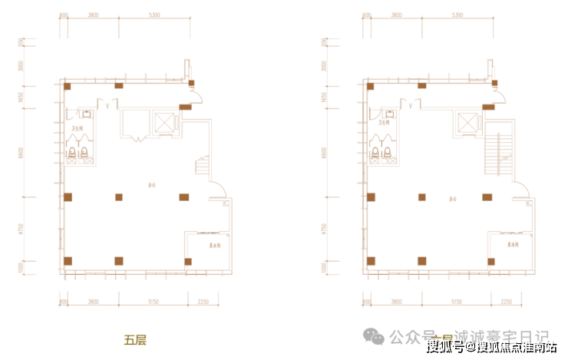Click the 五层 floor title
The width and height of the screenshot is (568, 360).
tap(135, 338)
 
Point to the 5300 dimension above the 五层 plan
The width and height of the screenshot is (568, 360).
tap(155, 15)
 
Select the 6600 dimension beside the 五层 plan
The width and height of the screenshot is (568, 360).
tap(23, 153)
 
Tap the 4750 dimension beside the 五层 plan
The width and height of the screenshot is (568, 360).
tap(23, 229)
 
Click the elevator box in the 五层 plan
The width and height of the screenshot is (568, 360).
tap(164, 122)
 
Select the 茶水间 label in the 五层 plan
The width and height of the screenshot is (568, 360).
tap(206, 246)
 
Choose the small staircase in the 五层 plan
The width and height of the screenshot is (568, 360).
tap(204, 166)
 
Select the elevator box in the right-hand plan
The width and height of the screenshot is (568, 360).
tap(466, 122)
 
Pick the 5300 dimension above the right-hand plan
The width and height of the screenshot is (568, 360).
tap(457, 15)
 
